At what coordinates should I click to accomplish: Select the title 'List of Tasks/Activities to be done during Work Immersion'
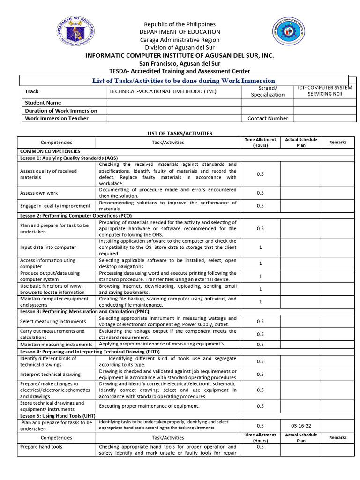tap(184, 81)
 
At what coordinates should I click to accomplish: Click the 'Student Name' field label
tap(43, 102)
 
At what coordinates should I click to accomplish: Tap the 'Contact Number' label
tap(268, 118)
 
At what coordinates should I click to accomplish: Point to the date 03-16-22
tap(301, 426)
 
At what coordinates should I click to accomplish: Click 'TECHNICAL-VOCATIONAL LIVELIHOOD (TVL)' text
tap(163, 91)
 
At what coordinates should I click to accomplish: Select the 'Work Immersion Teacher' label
tap(56, 118)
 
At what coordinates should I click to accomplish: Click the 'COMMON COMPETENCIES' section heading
tap(50, 151)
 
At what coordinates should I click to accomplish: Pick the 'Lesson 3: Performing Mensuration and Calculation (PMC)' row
tap(85, 311)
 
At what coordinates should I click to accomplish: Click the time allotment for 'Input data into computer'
tap(260, 247)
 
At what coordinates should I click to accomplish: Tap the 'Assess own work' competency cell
tap(39, 193)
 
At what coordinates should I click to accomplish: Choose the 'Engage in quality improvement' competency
tap(55, 206)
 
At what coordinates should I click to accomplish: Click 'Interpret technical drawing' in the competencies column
tap(50, 375)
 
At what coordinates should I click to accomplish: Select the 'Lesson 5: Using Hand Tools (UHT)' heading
tap(58, 415)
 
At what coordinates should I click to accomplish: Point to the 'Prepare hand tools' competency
tap(41, 447)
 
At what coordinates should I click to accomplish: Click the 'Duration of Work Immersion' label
tap(61, 111)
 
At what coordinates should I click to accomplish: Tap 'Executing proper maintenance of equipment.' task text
tap(149, 406)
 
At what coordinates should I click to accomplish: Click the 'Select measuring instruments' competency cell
tap(53, 322)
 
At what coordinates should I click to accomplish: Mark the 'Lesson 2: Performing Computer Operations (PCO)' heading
tap(75, 215)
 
